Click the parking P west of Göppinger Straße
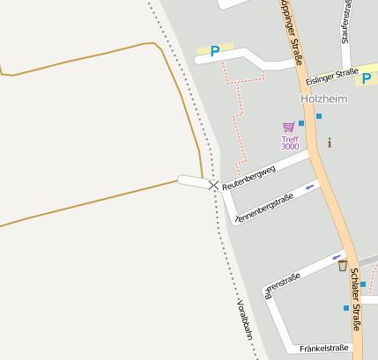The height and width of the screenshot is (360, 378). click(214, 51)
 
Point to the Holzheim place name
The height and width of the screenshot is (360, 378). click(323, 99)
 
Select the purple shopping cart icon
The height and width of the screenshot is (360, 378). click(288, 128)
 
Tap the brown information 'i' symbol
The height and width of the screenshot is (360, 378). click(330, 143)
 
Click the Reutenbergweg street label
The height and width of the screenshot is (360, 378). click(248, 176)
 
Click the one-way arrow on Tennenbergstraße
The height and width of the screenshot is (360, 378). click(309, 187)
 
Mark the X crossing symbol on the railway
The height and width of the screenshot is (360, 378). click(214, 185)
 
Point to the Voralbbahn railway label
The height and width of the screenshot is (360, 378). click(245, 319)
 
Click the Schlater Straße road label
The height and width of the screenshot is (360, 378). click(355, 298)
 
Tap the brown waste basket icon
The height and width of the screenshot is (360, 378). click(342, 266)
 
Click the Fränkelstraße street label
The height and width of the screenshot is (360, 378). click(323, 349)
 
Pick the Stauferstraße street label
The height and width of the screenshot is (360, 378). click(347, 19)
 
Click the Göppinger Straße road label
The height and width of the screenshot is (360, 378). click(292, 33)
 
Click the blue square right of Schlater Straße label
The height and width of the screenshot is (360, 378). click(362, 284)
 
